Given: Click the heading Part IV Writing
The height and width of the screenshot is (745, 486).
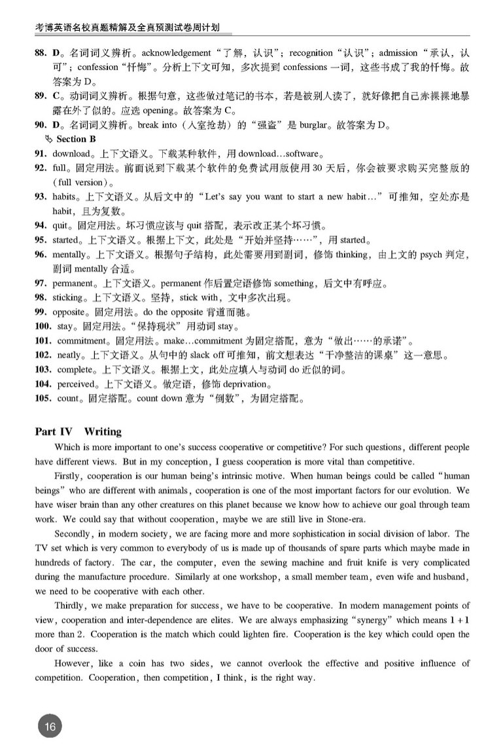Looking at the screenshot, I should [x=78, y=431].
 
